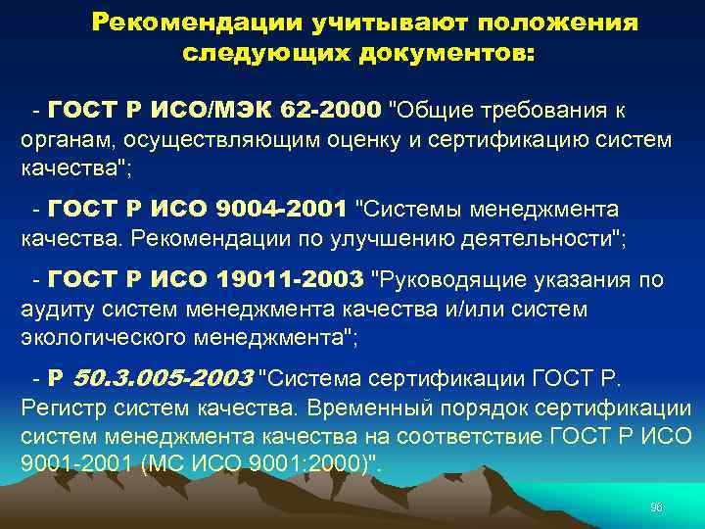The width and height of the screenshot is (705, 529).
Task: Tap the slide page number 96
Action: pos(657,506)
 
